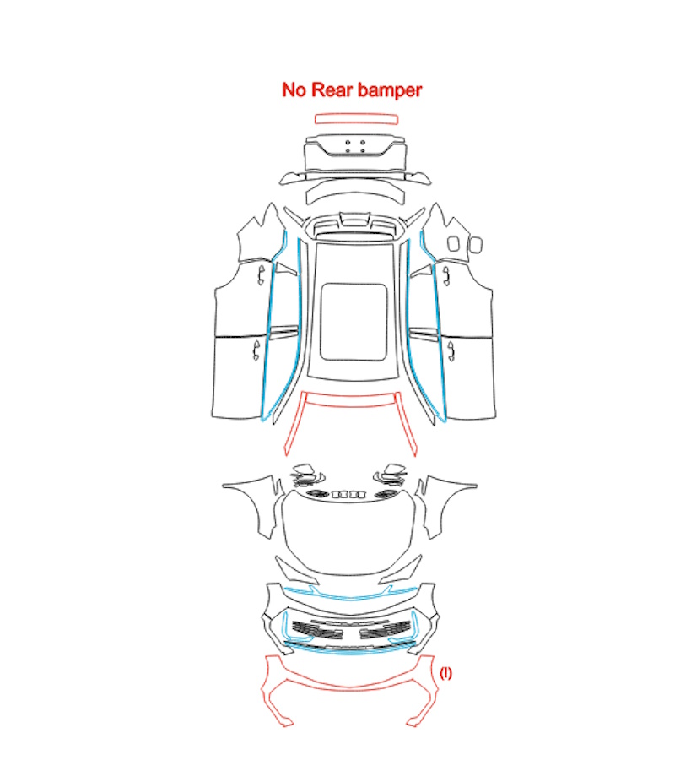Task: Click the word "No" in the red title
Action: tap(294, 90)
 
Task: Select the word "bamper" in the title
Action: tap(390, 90)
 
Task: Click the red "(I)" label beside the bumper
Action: tap(445, 673)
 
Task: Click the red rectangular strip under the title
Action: tap(356, 119)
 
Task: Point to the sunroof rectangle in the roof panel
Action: tap(354, 322)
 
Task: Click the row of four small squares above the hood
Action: tap(348, 494)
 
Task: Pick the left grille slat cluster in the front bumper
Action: tap(316, 630)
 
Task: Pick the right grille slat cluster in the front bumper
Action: tap(385, 630)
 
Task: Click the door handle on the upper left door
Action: tap(261, 275)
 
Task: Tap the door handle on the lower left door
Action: tap(256, 350)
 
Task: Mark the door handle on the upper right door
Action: tap(446, 275)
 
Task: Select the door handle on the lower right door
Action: tap(451, 350)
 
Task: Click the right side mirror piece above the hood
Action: tap(391, 475)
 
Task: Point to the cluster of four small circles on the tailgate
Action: tap(355, 146)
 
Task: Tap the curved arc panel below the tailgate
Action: tap(354, 192)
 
